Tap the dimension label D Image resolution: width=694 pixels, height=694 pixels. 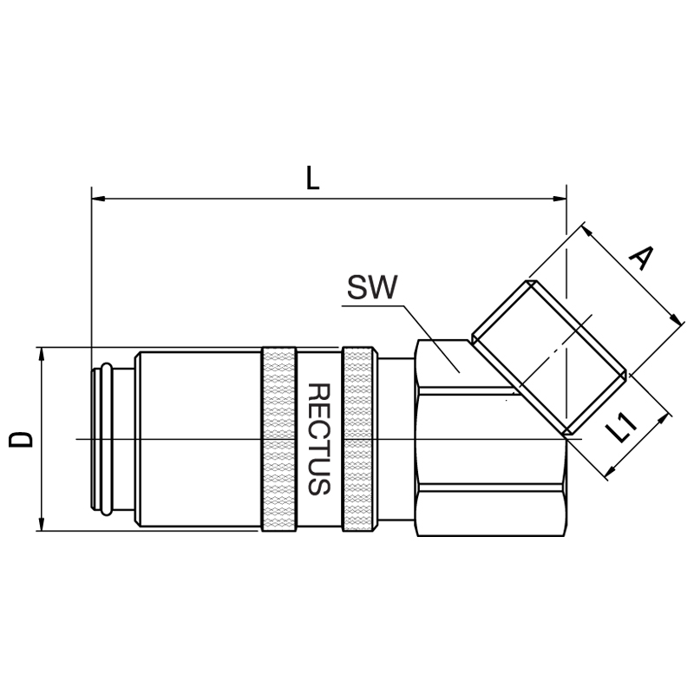coord(21,440)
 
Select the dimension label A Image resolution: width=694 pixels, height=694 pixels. coord(641,258)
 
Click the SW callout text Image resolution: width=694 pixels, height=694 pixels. coord(372,287)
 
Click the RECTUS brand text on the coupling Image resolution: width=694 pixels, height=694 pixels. coord(318,439)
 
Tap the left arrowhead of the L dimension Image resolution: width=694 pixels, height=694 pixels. coord(98,199)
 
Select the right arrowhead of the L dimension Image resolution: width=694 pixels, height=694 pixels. coord(560,199)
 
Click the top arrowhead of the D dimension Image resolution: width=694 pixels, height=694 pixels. coord(42,355)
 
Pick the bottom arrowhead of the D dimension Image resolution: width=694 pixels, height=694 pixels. coord(42,524)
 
